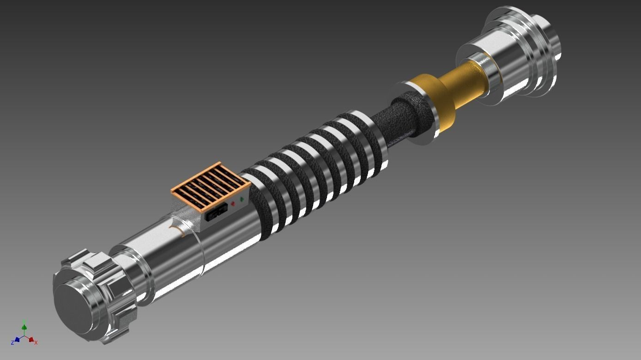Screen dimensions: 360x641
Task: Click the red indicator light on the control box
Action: (233, 203)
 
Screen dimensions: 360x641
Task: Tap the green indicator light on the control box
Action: (242, 199)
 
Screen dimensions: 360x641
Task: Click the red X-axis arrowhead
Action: (31, 340)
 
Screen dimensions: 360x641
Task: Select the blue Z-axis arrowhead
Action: (17, 340)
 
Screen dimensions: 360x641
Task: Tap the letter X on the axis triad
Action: (36, 342)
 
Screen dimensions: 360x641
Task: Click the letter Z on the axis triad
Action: (12, 343)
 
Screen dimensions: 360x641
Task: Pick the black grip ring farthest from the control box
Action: (365, 138)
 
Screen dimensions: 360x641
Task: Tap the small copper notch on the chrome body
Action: (175, 229)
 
